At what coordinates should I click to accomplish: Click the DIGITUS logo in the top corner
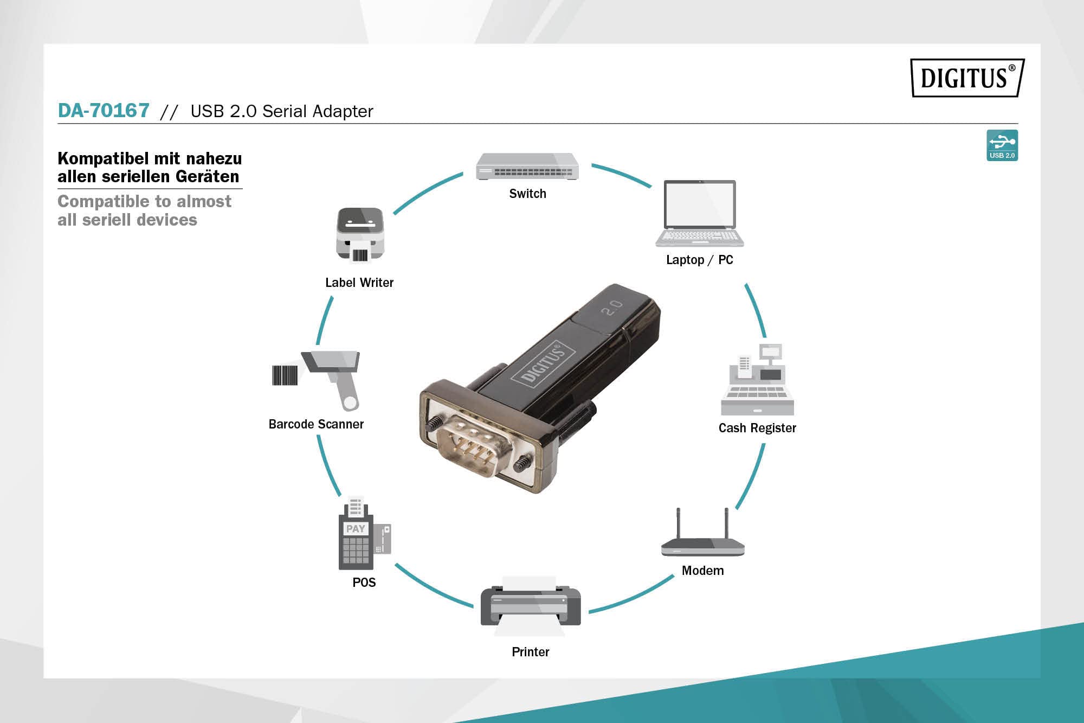967,78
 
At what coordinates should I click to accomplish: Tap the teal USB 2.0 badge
1002,145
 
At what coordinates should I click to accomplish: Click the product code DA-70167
104,111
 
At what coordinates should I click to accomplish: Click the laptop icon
700,213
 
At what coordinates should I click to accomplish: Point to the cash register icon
757,380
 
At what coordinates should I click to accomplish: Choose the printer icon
530,606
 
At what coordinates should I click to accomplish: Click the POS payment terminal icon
363,534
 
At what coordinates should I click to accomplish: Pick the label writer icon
360,235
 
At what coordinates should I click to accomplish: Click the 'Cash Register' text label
757,428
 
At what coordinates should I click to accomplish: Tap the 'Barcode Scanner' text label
316,424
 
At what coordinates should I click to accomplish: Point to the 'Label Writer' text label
359,283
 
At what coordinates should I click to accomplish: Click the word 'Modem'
702,571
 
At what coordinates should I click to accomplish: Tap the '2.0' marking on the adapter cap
612,308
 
